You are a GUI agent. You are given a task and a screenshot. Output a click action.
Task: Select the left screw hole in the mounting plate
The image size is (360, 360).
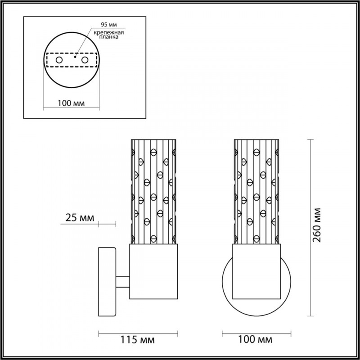pyautogui.click(x=59, y=59)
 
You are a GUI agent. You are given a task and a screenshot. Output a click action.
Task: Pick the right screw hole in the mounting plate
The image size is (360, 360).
pyautogui.click(x=84, y=59)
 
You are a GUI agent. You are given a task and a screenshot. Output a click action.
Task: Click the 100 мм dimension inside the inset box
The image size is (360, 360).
pyautogui.click(x=72, y=103)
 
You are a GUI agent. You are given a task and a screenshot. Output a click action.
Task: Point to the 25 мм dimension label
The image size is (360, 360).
pyautogui.click(x=80, y=218)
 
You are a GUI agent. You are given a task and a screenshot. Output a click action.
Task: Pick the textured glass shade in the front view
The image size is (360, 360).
pyautogui.click(x=257, y=191)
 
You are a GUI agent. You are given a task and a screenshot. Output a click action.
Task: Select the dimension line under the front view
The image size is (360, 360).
pyautogui.click(x=257, y=333)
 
